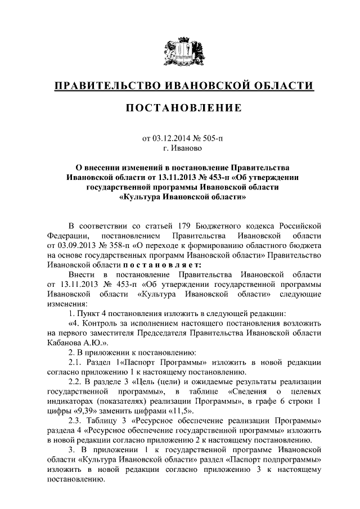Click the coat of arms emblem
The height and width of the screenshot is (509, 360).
[180, 54]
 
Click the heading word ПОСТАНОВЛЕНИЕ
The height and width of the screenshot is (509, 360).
[180, 108]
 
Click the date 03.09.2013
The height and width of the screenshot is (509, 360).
[77, 246]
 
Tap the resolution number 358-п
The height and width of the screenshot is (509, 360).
[120, 246]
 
